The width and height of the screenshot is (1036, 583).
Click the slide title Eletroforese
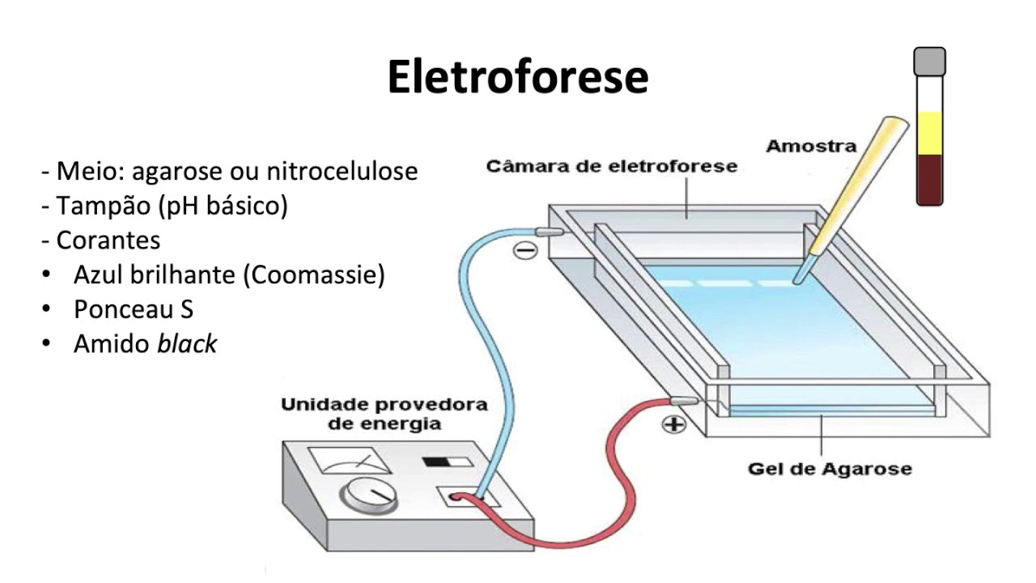point(517,78)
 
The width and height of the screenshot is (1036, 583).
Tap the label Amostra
point(811,147)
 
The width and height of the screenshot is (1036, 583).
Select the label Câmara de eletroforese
point(612,166)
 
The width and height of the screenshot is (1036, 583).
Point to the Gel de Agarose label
point(830,469)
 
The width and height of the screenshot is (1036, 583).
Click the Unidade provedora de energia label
point(384,414)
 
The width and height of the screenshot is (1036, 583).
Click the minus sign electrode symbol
point(526,250)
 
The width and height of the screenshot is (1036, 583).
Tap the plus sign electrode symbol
point(673,424)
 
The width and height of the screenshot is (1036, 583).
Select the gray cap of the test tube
point(929,62)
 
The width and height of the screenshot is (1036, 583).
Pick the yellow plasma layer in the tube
point(929,133)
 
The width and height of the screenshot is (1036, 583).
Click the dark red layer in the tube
point(929,180)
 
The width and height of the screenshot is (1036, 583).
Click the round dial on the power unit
point(368,493)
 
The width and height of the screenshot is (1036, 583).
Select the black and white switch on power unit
point(447,462)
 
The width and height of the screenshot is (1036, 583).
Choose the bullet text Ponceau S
point(133,309)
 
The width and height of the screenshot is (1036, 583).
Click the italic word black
point(187,344)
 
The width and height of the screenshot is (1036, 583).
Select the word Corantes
point(108,240)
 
